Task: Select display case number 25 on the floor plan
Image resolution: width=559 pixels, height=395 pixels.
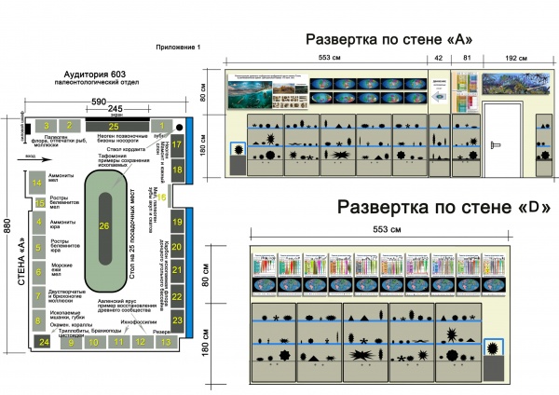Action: coord(114,125)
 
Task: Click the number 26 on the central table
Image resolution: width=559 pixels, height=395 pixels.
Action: coord(103,226)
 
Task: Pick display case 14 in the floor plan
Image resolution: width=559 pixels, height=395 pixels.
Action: coord(37,183)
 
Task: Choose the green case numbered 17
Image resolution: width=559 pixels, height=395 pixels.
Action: coord(177,145)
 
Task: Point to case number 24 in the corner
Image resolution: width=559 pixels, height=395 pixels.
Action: coord(42,342)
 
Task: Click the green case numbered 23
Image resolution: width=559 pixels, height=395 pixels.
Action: coord(177,320)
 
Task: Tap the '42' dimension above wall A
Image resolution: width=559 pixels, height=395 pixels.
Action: coord(438,58)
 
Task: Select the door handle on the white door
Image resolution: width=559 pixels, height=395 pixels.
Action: coord(498,144)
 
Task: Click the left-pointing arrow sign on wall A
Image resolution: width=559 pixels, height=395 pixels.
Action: coord(439,93)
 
